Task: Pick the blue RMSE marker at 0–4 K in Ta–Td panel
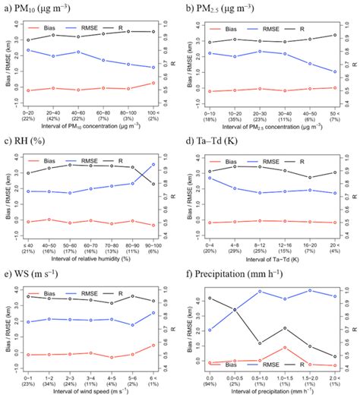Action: (210, 178)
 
